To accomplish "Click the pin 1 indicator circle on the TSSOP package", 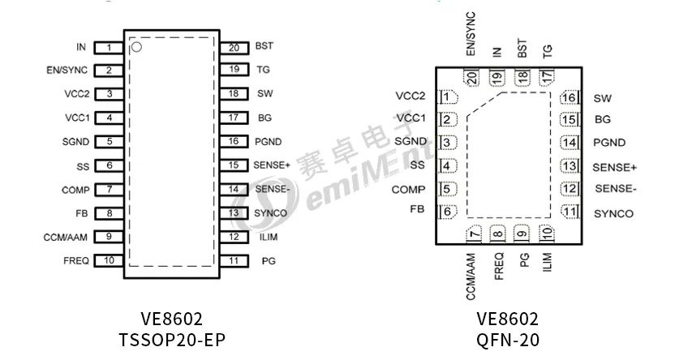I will point(137,48).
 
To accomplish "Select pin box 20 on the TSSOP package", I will point(234,47).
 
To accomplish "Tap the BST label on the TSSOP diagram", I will point(264,47).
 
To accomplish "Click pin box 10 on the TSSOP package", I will point(108,260).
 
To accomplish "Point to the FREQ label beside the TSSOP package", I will point(76,260).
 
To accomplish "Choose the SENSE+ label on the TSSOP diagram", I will point(271,165).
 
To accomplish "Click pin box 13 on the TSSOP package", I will point(234,213).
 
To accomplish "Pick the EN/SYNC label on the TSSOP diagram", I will point(67,71).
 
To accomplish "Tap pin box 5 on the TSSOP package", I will point(108,142).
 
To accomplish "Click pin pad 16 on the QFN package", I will point(570,98).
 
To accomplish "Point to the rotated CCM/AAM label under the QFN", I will point(471,275).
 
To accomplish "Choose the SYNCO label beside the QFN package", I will point(613,214).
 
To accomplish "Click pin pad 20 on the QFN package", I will point(471,77).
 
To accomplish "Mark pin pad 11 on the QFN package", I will point(570,212).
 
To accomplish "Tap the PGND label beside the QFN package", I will point(609,144).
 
